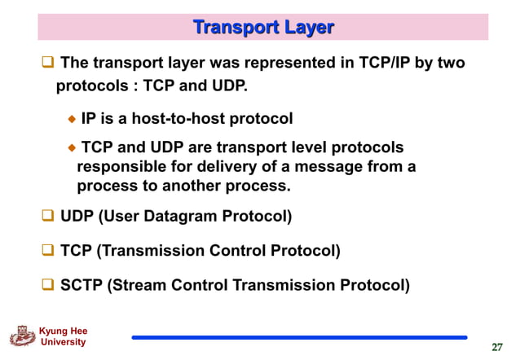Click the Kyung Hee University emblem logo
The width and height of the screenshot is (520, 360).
22,337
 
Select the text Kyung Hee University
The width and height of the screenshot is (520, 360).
63,336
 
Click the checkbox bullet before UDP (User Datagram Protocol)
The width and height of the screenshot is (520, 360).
48,217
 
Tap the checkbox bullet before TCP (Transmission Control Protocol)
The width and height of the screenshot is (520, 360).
48,251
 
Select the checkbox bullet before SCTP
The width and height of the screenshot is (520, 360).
48,285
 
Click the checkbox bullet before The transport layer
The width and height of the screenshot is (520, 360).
48,63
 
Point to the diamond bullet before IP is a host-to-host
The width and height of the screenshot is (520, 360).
72,120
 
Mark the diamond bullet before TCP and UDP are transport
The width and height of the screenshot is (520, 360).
72,147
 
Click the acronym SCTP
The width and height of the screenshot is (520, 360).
82,285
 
